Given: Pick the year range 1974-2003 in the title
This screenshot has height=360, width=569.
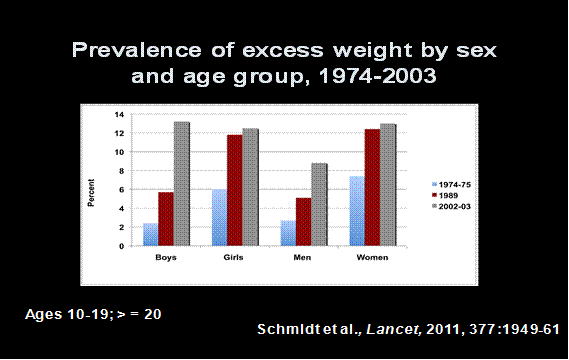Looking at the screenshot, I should tap(383, 78).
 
